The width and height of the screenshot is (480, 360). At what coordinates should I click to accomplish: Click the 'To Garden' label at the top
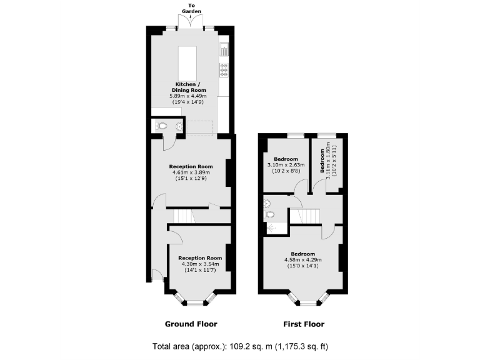pos(191,8)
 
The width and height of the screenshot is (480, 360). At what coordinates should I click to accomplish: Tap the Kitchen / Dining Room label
pos(187,87)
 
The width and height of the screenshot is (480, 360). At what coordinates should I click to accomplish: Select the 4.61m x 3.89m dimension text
pos(191,173)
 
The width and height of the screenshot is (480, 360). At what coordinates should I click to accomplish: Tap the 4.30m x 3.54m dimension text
pos(200,264)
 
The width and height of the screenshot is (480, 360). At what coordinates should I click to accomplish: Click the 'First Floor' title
pos(304,324)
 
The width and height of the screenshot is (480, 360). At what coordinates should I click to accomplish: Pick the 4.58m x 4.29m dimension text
pos(303,259)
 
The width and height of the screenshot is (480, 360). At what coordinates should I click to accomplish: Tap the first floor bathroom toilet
pos(270,215)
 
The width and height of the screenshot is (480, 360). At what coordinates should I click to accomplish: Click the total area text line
pos(240,346)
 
